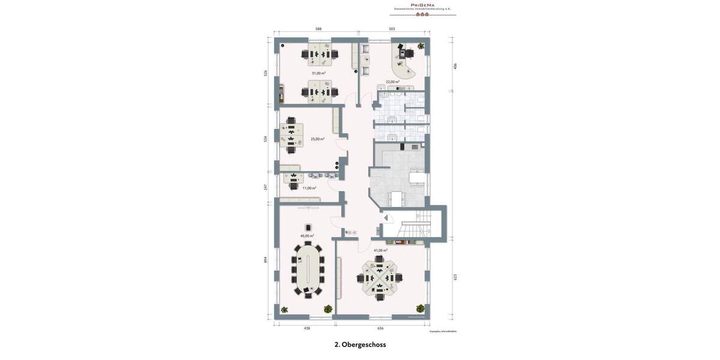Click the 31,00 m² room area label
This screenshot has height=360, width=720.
[319, 73]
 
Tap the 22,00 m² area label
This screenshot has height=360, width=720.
[392, 82]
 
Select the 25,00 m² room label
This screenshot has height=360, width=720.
[317, 139]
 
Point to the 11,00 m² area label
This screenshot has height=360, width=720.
[309, 188]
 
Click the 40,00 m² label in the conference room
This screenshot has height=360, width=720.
[307, 236]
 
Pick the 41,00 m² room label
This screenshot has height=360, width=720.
[380, 250]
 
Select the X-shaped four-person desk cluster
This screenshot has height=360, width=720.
[379, 278]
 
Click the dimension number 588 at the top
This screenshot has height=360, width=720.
[319, 29]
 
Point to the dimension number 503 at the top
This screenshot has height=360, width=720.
[392, 29]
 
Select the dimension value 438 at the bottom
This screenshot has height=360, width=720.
[307, 328]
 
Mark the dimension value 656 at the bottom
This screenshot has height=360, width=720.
[380, 328]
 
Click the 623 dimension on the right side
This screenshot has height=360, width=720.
[455, 277]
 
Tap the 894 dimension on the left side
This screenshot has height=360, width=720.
[266, 260]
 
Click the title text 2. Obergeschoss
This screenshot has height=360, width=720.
[360, 344]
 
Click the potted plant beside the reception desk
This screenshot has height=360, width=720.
[421, 46]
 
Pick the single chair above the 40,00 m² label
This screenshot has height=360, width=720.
[308, 227]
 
